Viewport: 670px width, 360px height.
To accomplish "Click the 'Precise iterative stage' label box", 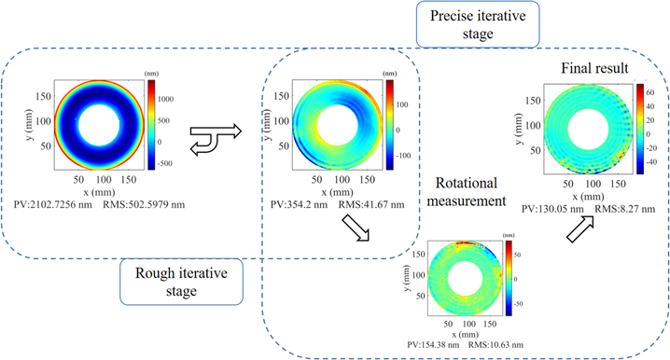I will [464, 25].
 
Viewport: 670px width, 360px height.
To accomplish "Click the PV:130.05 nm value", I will [552, 209].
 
